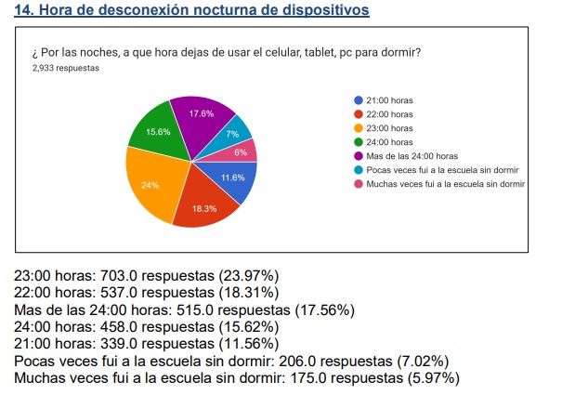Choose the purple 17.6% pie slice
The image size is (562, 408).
click(x=201, y=116)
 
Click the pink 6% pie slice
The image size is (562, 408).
click(x=242, y=151)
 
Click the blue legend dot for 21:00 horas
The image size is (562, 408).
click(x=358, y=99)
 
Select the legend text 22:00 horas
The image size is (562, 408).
click(x=390, y=113)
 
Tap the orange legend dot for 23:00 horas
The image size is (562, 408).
click(x=358, y=127)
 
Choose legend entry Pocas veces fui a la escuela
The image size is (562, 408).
click(x=442, y=169)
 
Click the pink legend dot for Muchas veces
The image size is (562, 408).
click(x=358, y=184)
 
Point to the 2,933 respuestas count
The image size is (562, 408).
click(x=66, y=68)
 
